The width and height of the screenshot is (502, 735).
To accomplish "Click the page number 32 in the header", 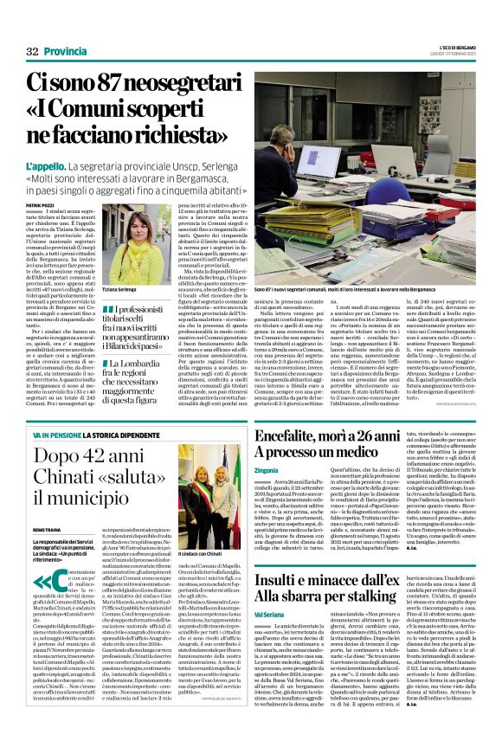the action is [x=32, y=51].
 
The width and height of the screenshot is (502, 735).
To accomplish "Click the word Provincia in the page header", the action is [x=66, y=51].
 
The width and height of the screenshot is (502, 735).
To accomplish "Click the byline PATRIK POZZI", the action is [x=42, y=205].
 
